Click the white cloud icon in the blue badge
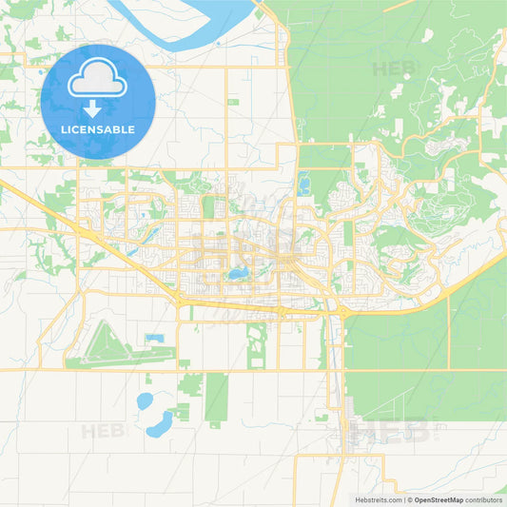[x=98, y=81]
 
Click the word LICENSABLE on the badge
[x=98, y=129]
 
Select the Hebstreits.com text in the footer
[x=377, y=499]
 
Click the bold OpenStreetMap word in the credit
[x=439, y=499]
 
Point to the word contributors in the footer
[x=484, y=499]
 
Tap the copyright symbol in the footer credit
[x=410, y=499]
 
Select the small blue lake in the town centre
[x=237, y=274]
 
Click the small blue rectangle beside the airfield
[x=155, y=339]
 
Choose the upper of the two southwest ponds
[x=144, y=400]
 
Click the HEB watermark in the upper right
[x=396, y=68]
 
